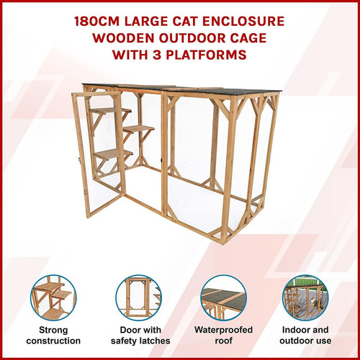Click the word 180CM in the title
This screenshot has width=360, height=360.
96,22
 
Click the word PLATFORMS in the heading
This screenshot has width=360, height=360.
206,55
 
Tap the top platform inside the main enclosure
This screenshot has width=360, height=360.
111,111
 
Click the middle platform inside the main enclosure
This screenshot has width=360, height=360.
139,130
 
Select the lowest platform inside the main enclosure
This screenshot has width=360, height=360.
113,154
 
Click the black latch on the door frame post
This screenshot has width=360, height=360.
161,160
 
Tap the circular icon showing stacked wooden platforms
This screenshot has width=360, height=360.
53,298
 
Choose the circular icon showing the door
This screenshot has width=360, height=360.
139,298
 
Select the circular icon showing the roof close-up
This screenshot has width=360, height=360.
224,298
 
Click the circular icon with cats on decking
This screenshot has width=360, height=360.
305,298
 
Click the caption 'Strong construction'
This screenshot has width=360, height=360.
53,336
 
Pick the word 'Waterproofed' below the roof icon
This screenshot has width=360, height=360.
223,330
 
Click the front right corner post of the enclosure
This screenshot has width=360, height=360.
227,168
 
